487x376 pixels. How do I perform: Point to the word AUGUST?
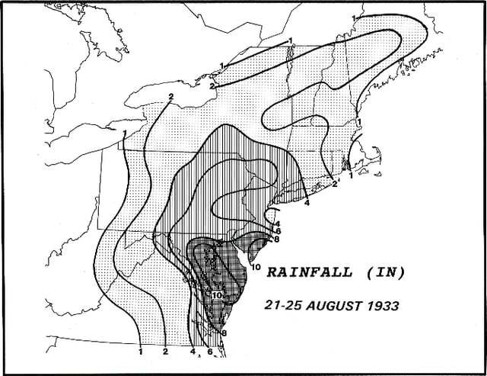(336, 304)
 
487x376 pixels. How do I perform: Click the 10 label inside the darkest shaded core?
(217, 294)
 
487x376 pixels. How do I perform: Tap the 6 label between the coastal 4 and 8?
(279, 230)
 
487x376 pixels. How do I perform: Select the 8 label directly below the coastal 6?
(278, 239)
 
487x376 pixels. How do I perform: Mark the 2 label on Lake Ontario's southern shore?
(172, 96)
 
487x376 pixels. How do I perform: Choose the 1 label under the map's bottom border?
(142, 352)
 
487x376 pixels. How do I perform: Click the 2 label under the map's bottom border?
(165, 352)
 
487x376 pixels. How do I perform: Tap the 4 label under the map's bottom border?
(193, 352)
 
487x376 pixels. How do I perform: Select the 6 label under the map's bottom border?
(209, 352)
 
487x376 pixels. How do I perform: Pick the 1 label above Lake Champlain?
(289, 41)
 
